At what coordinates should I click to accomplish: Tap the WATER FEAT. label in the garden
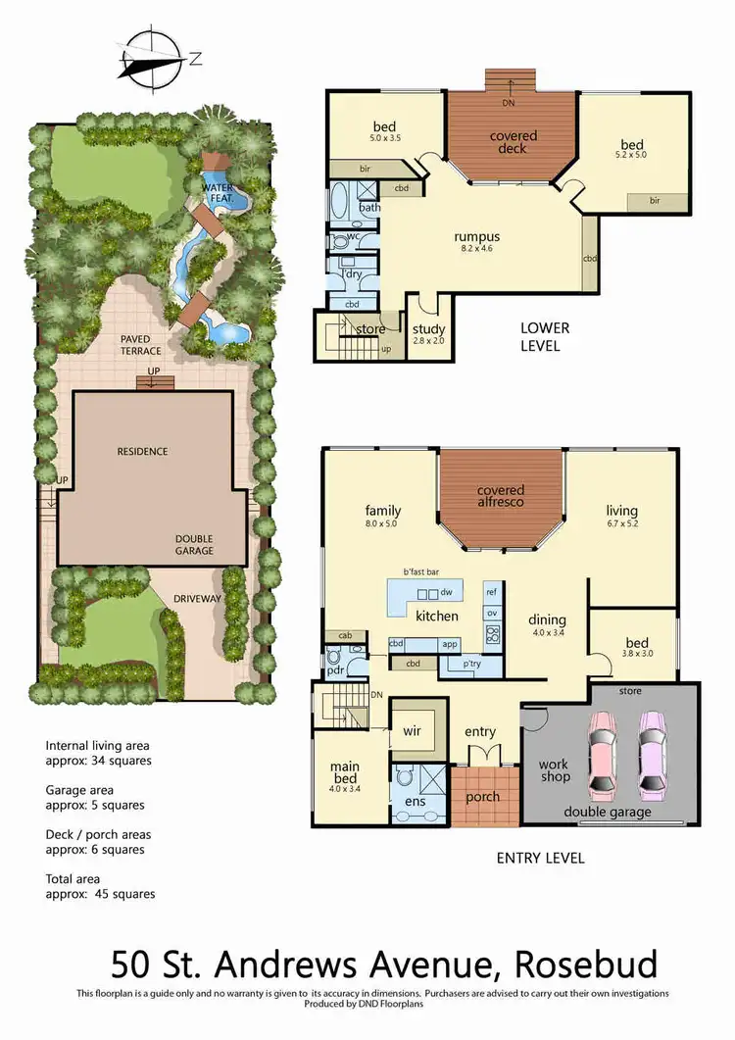(x=218, y=193)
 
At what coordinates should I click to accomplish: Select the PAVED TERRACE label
(x=142, y=344)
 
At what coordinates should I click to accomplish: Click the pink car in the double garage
(x=601, y=755)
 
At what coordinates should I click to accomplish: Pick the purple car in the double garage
(x=652, y=755)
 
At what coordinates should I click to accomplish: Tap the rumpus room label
(x=476, y=236)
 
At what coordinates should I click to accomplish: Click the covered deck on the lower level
(x=509, y=142)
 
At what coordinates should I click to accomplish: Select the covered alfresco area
(x=501, y=496)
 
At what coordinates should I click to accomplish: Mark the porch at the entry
(x=481, y=797)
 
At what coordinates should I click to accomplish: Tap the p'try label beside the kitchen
(x=456, y=664)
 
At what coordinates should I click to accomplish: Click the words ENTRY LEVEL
(x=540, y=858)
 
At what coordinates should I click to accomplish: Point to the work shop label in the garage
(x=554, y=770)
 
